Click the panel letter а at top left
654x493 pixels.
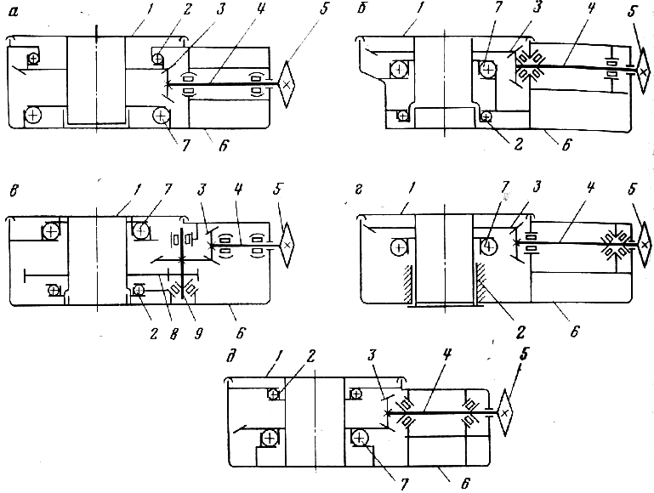(14, 11)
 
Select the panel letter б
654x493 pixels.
(362, 8)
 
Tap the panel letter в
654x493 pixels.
(14, 192)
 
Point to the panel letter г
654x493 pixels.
(359, 190)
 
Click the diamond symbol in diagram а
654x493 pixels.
(286, 85)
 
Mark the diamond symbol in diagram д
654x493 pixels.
(505, 412)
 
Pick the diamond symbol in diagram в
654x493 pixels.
(287, 245)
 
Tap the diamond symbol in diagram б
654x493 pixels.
(644, 71)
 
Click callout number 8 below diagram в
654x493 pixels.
(174, 333)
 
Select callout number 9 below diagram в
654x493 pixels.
(198, 333)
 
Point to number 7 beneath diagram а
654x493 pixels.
(185, 145)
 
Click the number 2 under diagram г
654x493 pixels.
(520, 332)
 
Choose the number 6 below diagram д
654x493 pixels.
(465, 484)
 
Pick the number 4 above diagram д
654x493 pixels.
(446, 354)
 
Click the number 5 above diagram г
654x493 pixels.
(632, 189)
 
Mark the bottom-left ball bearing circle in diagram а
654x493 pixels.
(33, 115)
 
